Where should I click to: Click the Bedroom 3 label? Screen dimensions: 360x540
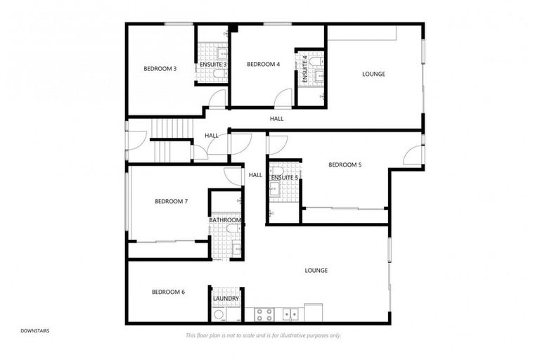pos(160,68)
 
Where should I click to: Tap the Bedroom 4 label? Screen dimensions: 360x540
pos(264,64)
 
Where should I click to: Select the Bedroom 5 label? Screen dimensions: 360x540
pos(345,165)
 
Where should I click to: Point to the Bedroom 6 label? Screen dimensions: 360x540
pos(168,292)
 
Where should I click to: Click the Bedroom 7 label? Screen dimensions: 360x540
pos(171,202)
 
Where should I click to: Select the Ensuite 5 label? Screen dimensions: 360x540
pos(285,178)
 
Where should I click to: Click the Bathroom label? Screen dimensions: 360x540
pos(225,220)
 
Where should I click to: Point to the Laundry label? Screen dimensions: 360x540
pos(226,299)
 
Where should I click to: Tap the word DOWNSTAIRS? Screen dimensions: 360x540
pos(34,330)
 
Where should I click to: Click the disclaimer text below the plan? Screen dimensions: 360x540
pos(263,335)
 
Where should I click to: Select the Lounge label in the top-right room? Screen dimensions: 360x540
pos(373,74)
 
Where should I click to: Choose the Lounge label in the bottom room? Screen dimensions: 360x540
pos(316,271)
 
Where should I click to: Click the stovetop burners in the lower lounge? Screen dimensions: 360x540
pos(264,313)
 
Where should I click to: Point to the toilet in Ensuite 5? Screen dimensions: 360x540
pos(278,171)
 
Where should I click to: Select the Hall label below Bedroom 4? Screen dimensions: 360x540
pos(276,119)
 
